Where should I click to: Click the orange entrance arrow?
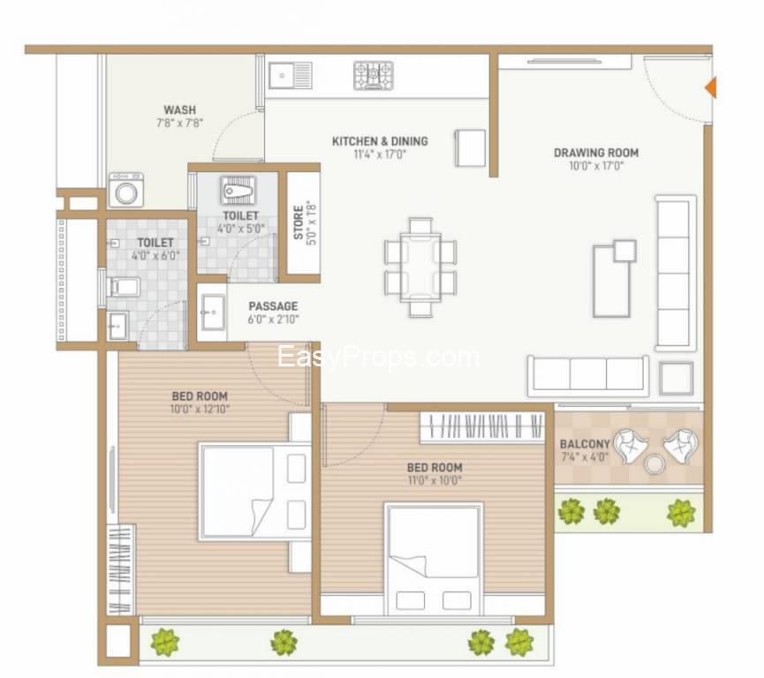coord(711,87)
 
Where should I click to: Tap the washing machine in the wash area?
coord(126,190)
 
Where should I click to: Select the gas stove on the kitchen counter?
coord(374,75)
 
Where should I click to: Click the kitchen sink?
coord(290,76)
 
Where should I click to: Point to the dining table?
coord(420,267)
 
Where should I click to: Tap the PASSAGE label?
coord(273,306)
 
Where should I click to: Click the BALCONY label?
coord(585,444)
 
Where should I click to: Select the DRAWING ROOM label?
coord(596,153)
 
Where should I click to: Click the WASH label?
coord(180,110)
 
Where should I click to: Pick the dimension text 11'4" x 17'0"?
coord(380,154)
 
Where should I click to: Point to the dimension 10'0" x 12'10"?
coord(200,409)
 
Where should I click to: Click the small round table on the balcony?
coord(654,463)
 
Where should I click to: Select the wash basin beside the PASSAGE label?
coord(212,313)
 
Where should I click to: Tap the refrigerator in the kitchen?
coord(470,148)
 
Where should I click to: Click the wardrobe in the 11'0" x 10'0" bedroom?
coord(482,427)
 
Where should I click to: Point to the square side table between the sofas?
coord(677,379)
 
